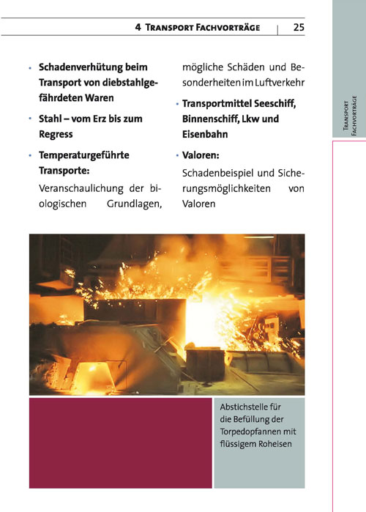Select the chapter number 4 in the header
tap(138, 27)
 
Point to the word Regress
tap(56, 136)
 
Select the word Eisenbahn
tap(206, 135)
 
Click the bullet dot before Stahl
tap(30, 119)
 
